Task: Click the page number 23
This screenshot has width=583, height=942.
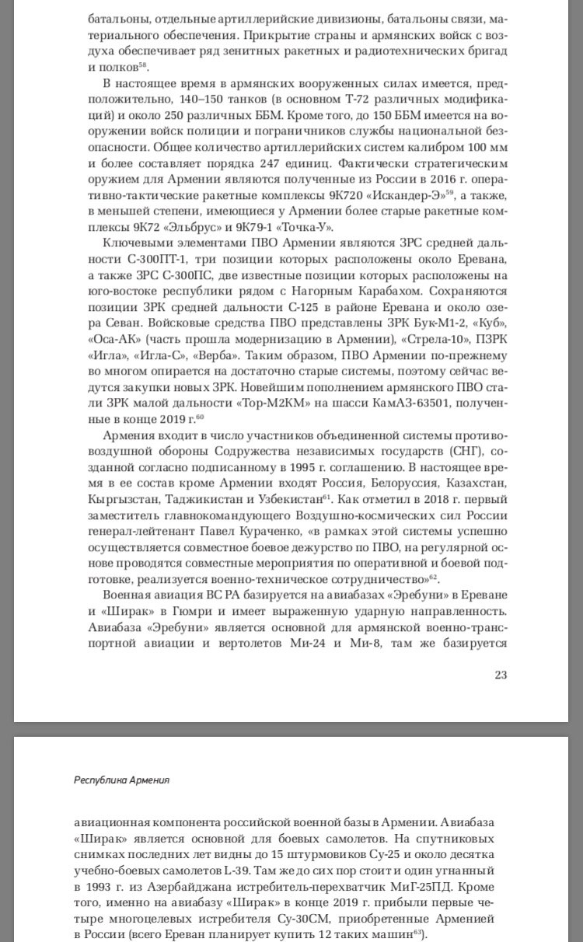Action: [x=501, y=675]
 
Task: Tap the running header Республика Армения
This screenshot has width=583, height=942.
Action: [x=122, y=780]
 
